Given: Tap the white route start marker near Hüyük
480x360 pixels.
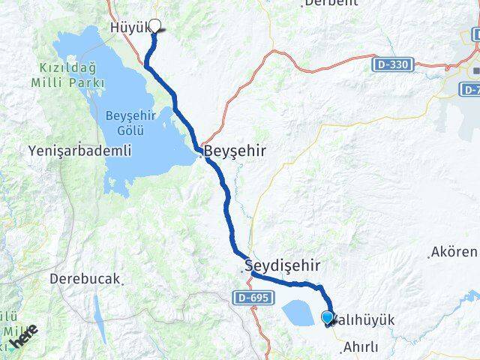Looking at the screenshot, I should pos(156,25).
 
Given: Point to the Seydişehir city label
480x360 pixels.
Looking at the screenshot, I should pos(283,265).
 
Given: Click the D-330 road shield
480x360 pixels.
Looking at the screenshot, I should pos(391,65).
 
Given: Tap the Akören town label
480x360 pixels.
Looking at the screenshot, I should pos(454,252).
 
